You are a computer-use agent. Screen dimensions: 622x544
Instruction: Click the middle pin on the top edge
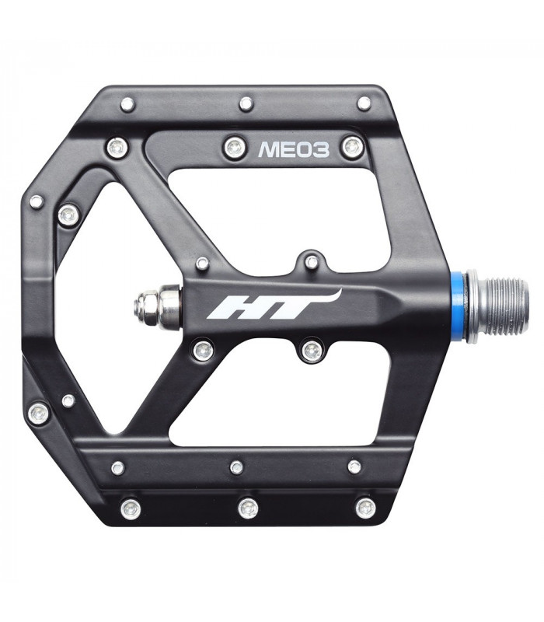click(x=246, y=103)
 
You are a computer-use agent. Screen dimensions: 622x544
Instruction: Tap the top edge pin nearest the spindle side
click(x=364, y=103)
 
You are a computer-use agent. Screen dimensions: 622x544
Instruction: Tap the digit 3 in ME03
click(x=320, y=149)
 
